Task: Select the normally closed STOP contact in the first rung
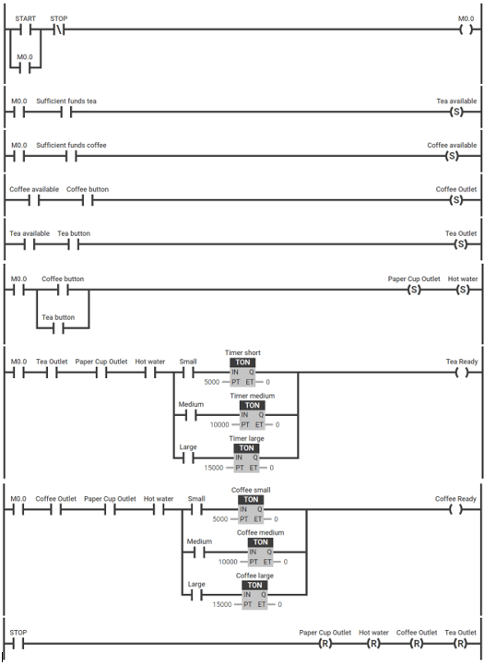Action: (58, 30)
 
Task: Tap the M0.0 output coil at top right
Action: (466, 30)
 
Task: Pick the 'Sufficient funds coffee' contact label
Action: (71, 145)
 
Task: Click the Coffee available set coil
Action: (452, 156)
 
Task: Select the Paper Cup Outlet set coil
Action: (414, 290)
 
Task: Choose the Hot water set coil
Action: (463, 290)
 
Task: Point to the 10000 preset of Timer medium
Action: (220, 424)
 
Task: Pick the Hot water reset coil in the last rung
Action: (373, 643)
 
